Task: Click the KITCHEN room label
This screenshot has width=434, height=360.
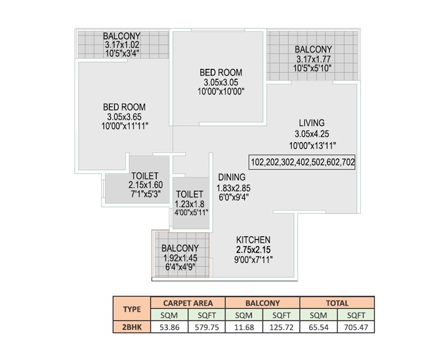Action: coord(253,240)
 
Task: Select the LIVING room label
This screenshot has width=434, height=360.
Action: coord(311,123)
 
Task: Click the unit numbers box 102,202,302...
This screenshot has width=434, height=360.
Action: coord(302,162)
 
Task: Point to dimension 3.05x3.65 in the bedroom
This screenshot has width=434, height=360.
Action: coord(124,116)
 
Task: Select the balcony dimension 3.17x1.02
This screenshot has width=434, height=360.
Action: coord(121,45)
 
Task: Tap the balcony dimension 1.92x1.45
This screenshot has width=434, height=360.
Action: coord(180,258)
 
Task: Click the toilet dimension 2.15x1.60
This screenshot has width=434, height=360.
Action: coord(145,185)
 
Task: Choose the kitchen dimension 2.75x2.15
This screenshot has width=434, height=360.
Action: coord(253,250)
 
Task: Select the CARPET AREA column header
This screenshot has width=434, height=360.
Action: coord(187,303)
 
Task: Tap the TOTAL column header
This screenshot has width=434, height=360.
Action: coord(337,303)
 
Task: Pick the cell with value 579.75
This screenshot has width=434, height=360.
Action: coord(206,327)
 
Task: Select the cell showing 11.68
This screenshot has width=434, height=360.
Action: coord(244,327)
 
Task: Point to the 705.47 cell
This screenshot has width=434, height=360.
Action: coord(356,327)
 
